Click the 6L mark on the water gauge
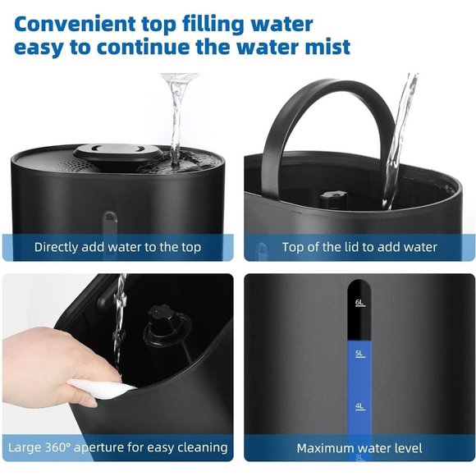(x=359, y=303)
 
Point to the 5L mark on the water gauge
(x=359, y=354)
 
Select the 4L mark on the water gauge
(x=359, y=405)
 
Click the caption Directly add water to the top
(x=117, y=247)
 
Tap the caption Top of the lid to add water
(x=359, y=247)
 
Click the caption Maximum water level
(x=359, y=448)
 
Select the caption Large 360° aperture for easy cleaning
(x=117, y=448)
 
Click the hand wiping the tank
(x=41, y=365)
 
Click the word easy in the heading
(x=39, y=46)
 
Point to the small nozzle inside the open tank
(x=332, y=198)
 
